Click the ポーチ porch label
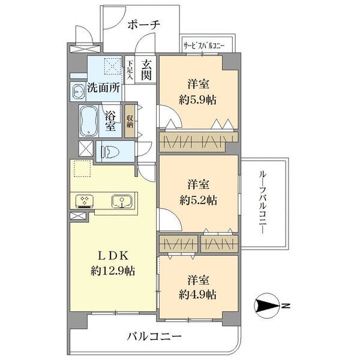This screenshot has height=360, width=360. point(144,25)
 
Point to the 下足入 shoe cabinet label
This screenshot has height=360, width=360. point(130,68)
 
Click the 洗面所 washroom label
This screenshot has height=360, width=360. point(103,87)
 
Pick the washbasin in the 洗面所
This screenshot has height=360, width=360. point(78,91)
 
